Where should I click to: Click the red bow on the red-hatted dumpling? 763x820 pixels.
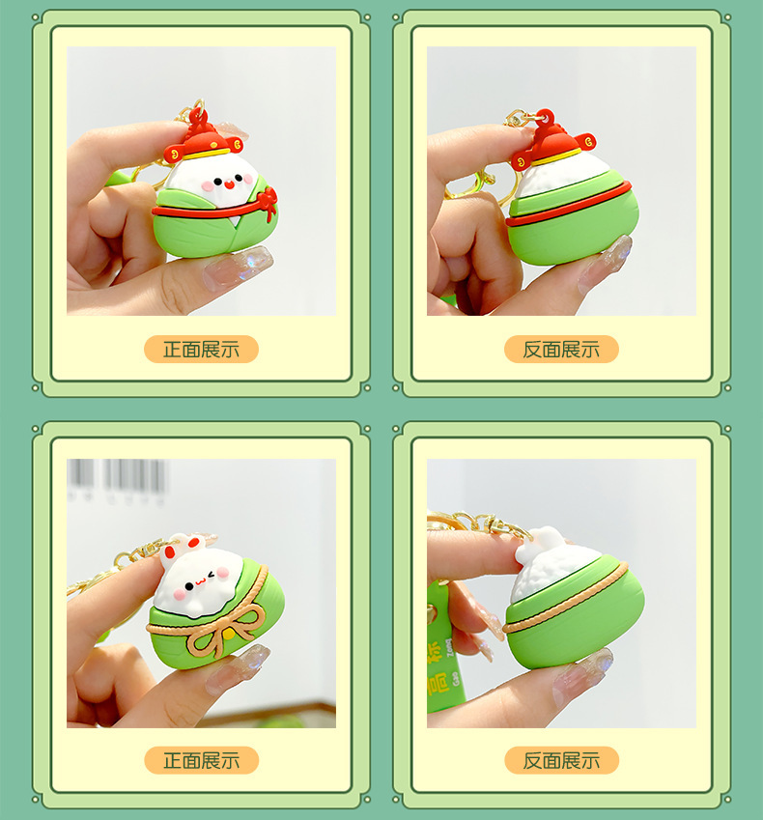pyautogui.click(x=268, y=202)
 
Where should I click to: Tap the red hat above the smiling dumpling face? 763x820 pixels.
pyautogui.click(x=203, y=139)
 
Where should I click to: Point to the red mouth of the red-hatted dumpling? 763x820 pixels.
pyautogui.click(x=228, y=184)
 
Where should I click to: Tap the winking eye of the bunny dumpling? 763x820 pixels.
pyautogui.click(x=212, y=576)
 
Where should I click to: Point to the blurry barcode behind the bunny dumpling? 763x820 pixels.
pyautogui.click(x=116, y=480)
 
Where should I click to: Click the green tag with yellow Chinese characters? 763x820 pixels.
pyautogui.click(x=443, y=647)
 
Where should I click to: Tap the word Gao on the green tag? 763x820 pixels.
pyautogui.click(x=455, y=678)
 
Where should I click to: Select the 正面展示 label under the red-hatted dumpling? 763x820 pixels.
pyautogui.click(x=201, y=350)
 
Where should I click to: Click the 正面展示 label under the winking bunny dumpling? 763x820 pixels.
pyautogui.click(x=201, y=760)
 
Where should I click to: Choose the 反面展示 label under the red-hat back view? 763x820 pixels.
pyautogui.click(x=561, y=350)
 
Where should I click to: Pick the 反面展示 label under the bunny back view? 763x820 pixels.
pyautogui.click(x=562, y=760)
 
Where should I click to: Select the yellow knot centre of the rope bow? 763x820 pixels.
pyautogui.click(x=230, y=635)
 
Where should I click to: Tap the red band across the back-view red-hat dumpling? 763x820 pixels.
pyautogui.click(x=569, y=204)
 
